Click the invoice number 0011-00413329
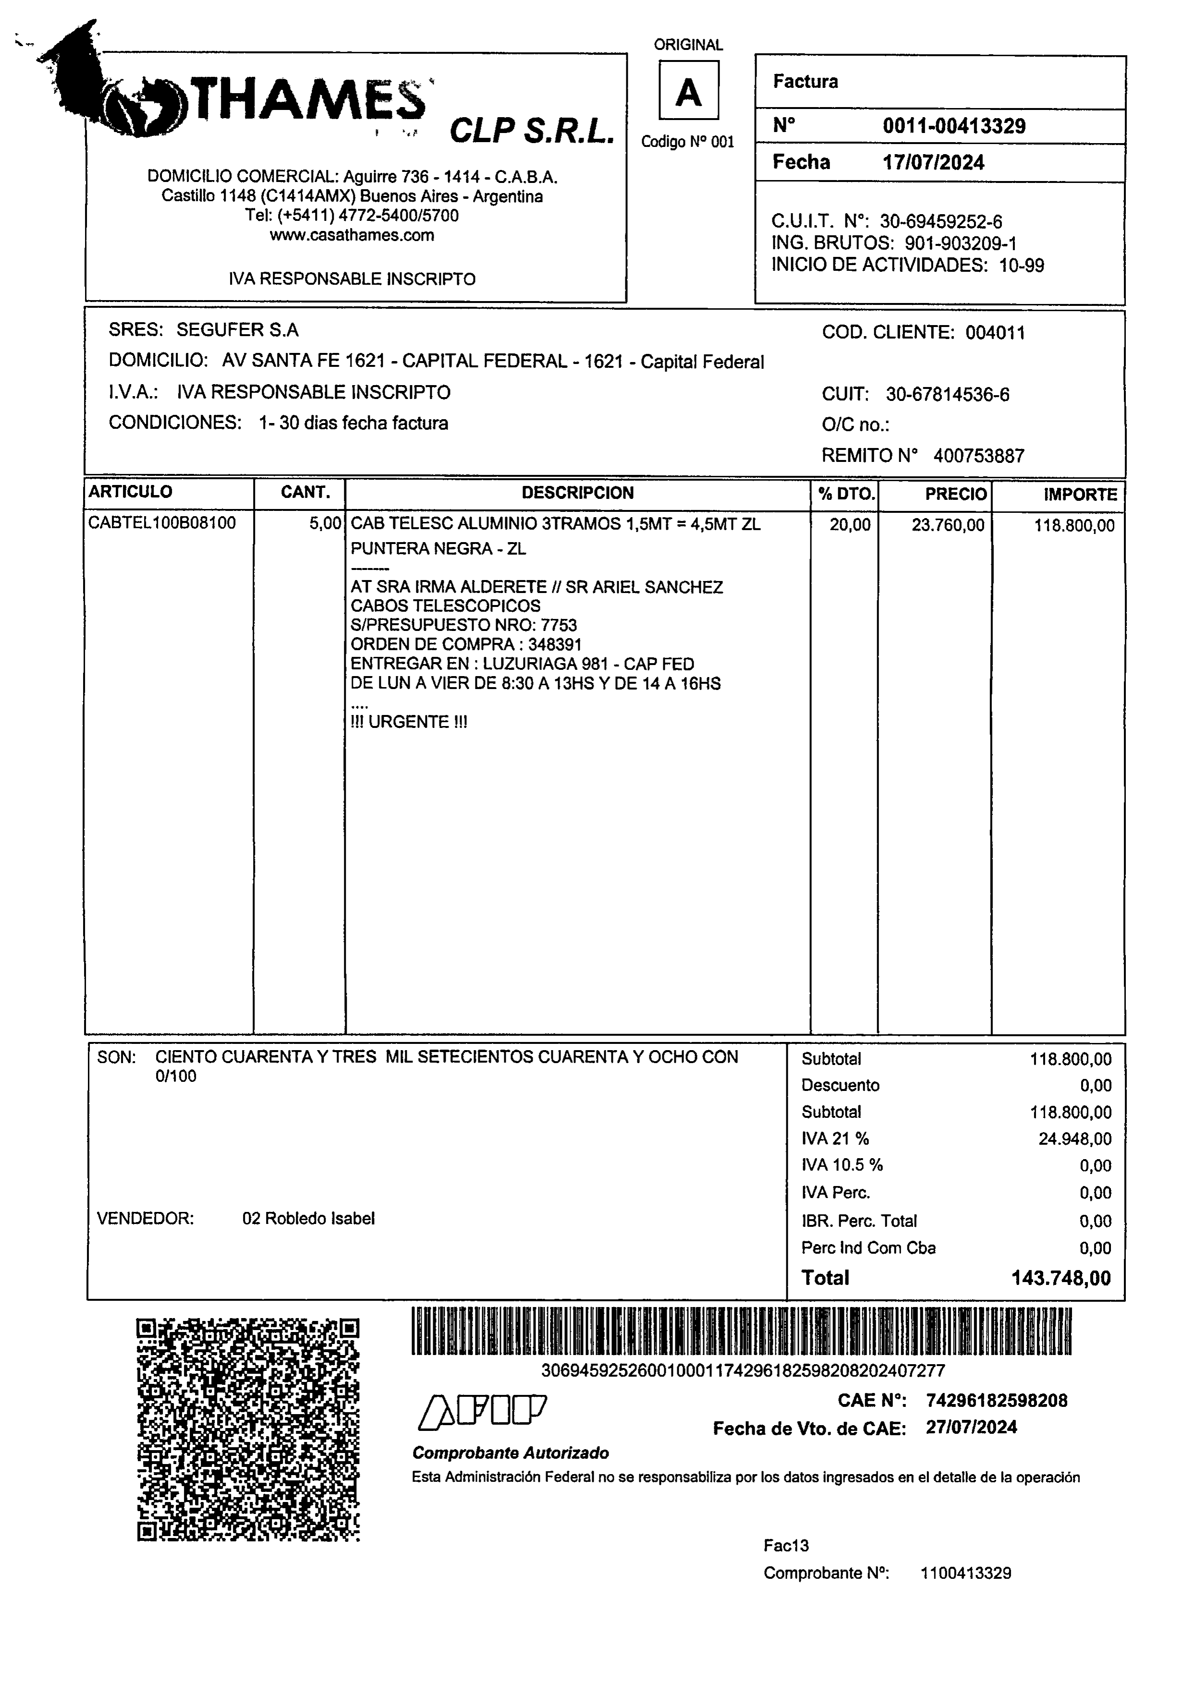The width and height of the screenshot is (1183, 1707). [x=953, y=126]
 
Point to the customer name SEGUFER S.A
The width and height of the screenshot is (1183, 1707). [x=237, y=330]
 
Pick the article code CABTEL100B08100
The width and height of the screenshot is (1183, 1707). [x=161, y=523]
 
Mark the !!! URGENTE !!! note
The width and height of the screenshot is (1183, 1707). [x=408, y=722]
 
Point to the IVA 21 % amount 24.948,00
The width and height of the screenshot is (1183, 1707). [x=1074, y=1139]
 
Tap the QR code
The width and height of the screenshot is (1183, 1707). [x=248, y=1430]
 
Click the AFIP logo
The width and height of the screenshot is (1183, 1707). [x=483, y=1411]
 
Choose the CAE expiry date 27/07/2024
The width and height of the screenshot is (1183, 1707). [x=971, y=1428]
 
